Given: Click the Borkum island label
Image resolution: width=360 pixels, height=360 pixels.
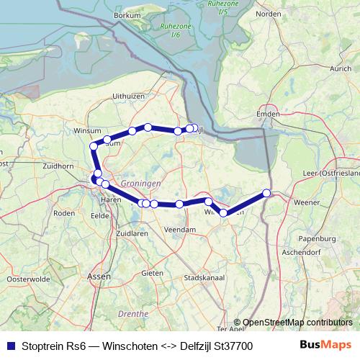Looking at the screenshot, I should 127,15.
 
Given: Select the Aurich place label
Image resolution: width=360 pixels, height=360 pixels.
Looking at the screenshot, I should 339,68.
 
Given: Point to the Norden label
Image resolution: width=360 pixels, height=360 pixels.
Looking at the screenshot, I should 268,13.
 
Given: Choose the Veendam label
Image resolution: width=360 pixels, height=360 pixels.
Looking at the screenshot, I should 180,229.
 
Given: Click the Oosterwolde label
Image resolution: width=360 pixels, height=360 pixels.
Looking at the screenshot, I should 27,279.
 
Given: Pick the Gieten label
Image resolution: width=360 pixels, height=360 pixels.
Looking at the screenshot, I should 152,274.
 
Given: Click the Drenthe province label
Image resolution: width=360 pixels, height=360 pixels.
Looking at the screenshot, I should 132,315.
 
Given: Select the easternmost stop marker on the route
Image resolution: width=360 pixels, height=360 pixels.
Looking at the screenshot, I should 266,193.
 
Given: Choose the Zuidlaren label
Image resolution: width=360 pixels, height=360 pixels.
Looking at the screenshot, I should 132,234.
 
